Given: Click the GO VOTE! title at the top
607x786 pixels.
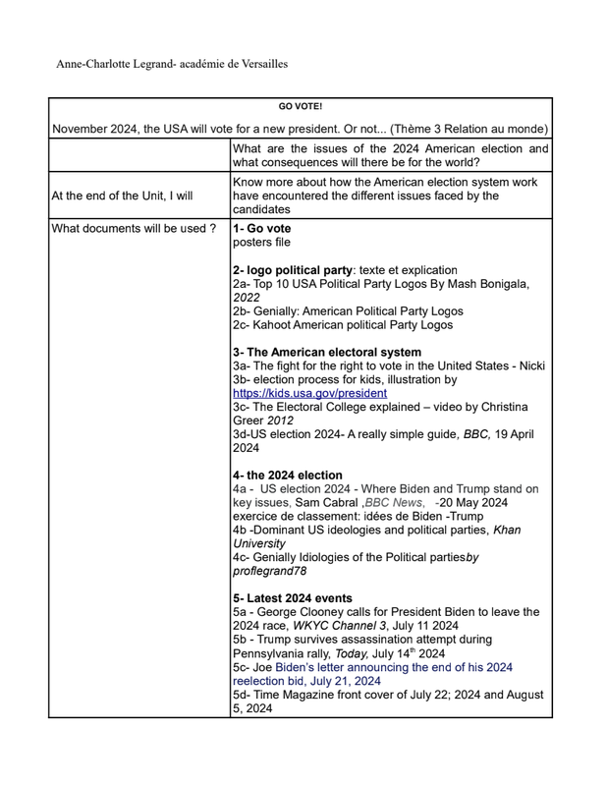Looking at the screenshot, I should pos(301,106).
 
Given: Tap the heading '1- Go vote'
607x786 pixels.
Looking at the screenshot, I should pos(262,229).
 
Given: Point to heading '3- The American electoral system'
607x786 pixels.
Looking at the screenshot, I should pos(327,352).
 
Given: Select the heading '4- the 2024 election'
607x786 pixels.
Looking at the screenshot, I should pos(288,475).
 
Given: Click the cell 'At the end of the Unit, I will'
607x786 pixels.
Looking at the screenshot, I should pos(123,196).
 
